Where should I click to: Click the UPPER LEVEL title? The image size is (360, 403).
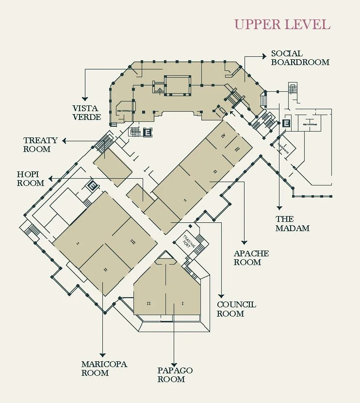click(x=282, y=24)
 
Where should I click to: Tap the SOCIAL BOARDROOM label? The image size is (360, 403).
click(x=300, y=58)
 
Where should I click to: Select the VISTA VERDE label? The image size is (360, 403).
click(x=87, y=113)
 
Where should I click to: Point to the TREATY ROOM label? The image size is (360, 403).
click(x=40, y=145)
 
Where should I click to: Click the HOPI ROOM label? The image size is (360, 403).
click(x=31, y=179)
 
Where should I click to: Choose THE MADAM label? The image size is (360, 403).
click(x=293, y=223)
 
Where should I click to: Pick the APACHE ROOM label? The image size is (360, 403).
click(x=251, y=258)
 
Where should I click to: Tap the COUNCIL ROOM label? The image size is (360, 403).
click(x=236, y=309)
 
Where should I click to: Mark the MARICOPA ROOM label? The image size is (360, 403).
click(x=104, y=369)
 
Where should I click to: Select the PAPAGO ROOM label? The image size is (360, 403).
click(x=175, y=374)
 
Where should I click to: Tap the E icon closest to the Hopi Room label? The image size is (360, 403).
click(x=92, y=185)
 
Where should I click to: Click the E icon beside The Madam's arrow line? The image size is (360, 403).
click(x=286, y=123)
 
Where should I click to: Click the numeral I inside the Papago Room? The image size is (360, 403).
click(x=183, y=303)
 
